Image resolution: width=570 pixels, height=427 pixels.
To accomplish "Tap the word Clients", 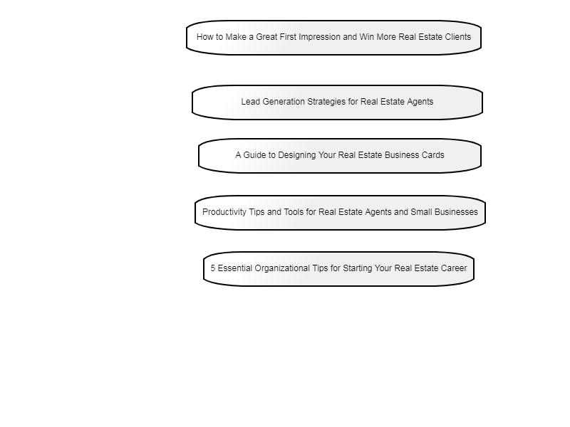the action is [458, 37].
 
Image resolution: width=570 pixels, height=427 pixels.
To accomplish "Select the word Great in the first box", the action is [266, 37].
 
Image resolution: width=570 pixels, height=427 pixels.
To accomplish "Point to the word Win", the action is [366, 37].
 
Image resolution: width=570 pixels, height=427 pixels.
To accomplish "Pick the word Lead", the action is [251, 102].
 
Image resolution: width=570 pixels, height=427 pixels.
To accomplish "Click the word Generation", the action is [284, 102].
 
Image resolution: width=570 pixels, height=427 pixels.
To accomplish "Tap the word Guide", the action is [254, 155].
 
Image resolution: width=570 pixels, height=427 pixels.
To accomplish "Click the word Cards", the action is [433, 155].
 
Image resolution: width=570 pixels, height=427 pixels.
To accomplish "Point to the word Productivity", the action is [224, 212].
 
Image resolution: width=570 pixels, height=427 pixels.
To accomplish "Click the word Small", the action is [421, 212].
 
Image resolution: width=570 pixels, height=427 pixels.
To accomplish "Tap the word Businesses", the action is [456, 212].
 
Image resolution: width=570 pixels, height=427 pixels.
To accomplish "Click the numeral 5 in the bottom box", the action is [212, 268].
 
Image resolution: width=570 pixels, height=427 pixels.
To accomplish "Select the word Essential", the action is [235, 268].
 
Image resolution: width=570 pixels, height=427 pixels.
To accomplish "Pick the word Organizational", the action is [278, 269].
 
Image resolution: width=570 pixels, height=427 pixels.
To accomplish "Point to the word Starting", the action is [358, 269].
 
